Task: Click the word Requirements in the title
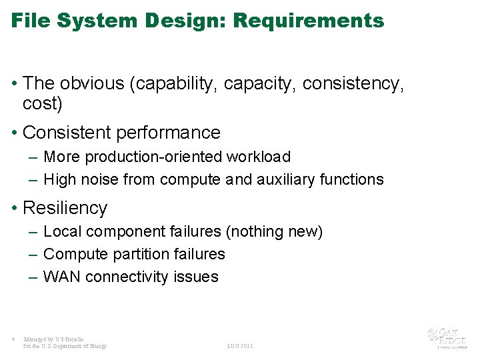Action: point(309,21)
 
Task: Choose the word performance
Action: point(168,133)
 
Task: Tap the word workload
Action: point(259,157)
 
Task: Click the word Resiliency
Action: point(65,208)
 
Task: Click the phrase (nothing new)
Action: point(275,232)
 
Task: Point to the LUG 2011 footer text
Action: point(240,346)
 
